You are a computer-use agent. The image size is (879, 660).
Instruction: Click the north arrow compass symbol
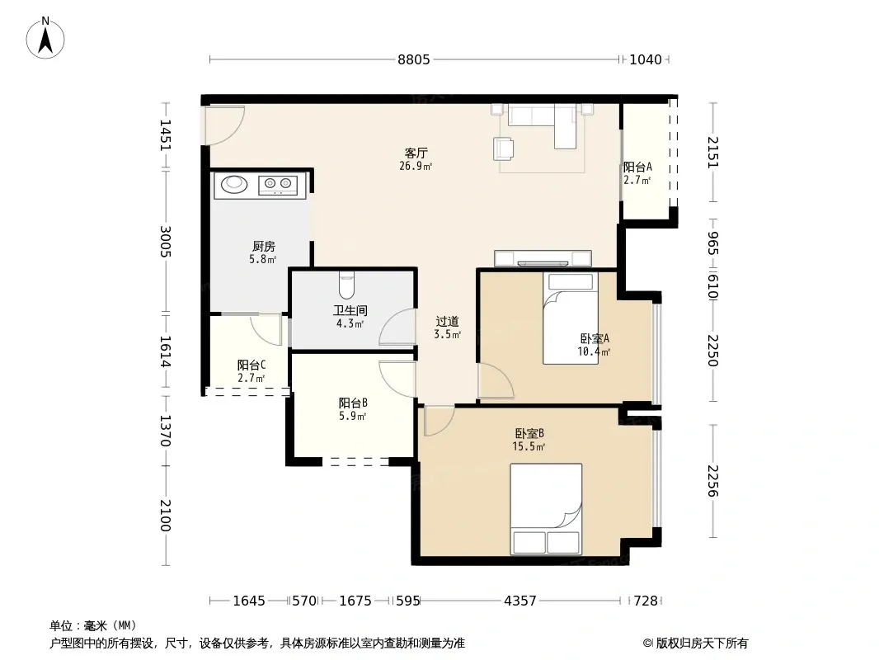tap(45, 38)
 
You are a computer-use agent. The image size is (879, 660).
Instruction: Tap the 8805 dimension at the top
tap(414, 59)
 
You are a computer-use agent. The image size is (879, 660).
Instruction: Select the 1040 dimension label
tap(646, 59)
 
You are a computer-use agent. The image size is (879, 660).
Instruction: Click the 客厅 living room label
tap(416, 153)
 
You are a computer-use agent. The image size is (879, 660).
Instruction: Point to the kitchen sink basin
tap(233, 184)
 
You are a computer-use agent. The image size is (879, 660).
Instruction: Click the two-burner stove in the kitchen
tap(278, 184)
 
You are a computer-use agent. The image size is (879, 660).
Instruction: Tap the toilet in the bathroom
tap(347, 285)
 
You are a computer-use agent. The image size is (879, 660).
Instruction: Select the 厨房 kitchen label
tap(264, 246)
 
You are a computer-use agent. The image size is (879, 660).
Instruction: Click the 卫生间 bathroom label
tap(350, 310)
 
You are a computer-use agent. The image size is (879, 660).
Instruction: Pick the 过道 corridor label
tap(448, 321)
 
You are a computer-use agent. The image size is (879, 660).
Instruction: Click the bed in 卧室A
tap(571, 318)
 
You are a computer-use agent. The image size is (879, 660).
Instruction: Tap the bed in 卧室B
tap(546, 509)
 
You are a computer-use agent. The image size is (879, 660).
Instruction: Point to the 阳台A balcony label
tap(638, 167)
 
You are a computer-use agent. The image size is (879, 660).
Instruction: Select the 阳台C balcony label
tap(251, 365)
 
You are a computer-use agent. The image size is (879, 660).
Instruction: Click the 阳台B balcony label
tap(353, 403)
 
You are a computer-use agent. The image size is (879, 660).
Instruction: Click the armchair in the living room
tap(504, 148)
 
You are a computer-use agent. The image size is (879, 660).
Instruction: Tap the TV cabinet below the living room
tap(543, 258)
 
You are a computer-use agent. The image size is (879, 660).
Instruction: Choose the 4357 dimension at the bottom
tap(520, 601)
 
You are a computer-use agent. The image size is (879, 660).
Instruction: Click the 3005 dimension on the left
tap(166, 241)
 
